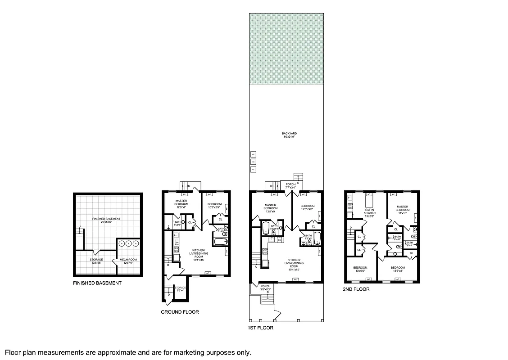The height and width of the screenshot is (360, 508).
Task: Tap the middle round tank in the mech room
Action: [x=128, y=243]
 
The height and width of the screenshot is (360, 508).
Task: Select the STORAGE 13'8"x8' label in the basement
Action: [x=96, y=261]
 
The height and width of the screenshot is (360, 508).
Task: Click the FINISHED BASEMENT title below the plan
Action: [x=97, y=283]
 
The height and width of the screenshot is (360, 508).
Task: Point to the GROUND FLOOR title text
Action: [x=180, y=312]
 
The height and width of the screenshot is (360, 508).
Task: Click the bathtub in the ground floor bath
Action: [x=220, y=242]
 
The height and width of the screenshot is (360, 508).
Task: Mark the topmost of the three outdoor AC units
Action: [x=253, y=154]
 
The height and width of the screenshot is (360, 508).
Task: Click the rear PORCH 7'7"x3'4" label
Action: [x=290, y=185]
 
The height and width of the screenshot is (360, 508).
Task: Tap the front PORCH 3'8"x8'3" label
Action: [x=265, y=288]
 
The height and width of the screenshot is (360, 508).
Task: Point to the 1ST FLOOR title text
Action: [x=260, y=328]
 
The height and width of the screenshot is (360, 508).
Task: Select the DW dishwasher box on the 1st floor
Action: [x=279, y=240]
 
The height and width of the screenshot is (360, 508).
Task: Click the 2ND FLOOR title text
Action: [x=356, y=289]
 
